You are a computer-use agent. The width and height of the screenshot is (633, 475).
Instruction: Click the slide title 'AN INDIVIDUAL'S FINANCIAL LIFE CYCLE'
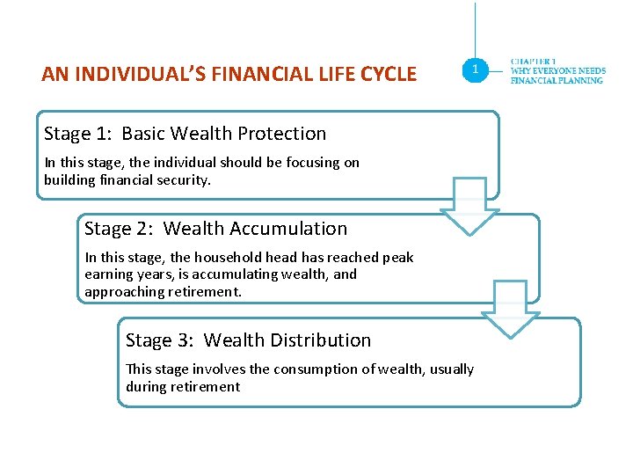229,74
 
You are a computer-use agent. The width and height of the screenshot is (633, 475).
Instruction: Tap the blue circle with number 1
476,69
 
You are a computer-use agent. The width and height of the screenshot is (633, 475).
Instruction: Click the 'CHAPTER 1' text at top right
534,62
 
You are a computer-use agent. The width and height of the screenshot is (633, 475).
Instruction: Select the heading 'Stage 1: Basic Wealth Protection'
185,134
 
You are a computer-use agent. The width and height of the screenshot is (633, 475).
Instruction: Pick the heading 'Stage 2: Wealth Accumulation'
215,229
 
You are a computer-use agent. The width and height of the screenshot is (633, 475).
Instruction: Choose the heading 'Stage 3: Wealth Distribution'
248,340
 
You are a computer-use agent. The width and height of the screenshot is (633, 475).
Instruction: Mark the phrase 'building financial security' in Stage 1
127,179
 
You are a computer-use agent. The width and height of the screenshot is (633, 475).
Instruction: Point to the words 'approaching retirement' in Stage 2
162,291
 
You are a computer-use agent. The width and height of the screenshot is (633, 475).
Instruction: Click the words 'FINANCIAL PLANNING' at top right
557,80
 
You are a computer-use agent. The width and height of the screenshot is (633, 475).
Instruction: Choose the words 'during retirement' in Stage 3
182,387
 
